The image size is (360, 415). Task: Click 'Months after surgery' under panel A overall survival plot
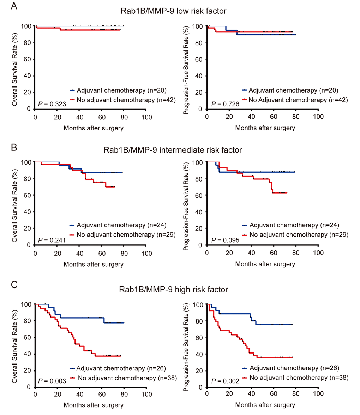[94, 128]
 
